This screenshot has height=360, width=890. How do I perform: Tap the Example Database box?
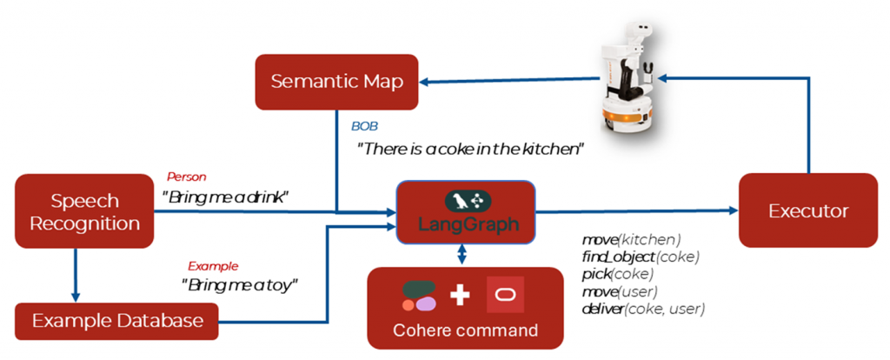click(x=117, y=320)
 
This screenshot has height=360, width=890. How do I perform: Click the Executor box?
click(x=808, y=210)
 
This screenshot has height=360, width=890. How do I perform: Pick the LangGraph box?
click(x=467, y=212)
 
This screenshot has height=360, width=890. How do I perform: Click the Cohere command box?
click(x=465, y=307)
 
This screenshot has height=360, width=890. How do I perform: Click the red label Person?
click(x=185, y=177)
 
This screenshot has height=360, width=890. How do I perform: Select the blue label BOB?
click(x=364, y=127)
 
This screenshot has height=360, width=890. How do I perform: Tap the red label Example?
click(x=213, y=266)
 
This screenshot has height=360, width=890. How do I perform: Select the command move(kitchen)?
click(x=631, y=239)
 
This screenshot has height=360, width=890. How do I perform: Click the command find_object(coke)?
click(x=641, y=257)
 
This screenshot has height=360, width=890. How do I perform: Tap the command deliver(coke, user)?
click(x=643, y=309)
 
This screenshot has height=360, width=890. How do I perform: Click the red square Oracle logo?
click(x=505, y=295)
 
